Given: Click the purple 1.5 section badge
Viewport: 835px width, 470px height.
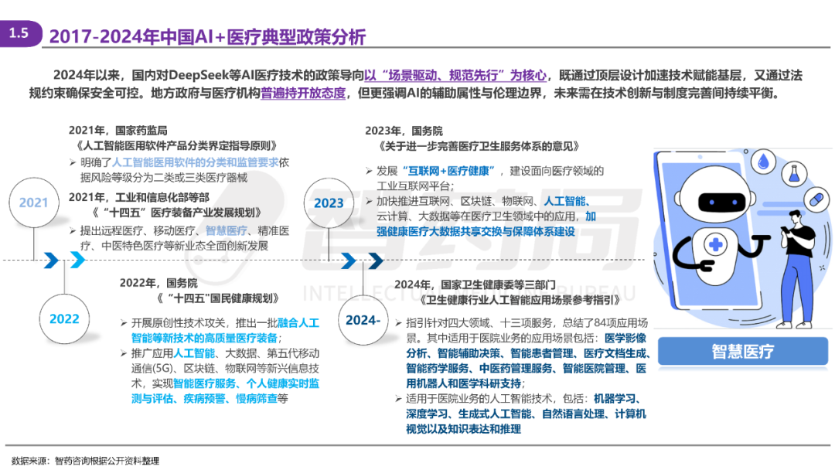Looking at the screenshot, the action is click(20, 33).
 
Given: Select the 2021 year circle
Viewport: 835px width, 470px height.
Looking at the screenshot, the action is click(33, 203).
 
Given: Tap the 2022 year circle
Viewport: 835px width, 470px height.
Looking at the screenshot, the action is click(64, 318).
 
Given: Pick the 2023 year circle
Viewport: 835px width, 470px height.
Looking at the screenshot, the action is click(329, 203).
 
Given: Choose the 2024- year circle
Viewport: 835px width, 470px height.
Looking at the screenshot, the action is click(363, 320).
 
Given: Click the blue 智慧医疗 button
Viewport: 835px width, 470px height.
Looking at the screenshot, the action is click(743, 351).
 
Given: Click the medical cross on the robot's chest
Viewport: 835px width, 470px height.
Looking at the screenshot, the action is click(716, 245).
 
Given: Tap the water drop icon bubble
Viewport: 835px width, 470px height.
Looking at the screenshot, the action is click(763, 162).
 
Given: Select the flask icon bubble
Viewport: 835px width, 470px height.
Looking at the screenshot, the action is click(794, 173).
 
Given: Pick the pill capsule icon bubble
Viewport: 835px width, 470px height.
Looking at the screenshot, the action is click(816, 200).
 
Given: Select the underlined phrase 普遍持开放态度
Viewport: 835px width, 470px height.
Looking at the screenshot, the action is click(303, 94).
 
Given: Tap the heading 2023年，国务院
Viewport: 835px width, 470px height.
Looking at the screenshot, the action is click(404, 131).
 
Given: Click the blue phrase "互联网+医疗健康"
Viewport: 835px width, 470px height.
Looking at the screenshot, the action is click(449, 171).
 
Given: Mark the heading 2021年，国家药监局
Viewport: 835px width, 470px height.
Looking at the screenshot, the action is click(118, 131).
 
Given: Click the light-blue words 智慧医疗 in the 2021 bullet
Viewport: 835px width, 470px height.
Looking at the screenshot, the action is click(227, 230).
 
